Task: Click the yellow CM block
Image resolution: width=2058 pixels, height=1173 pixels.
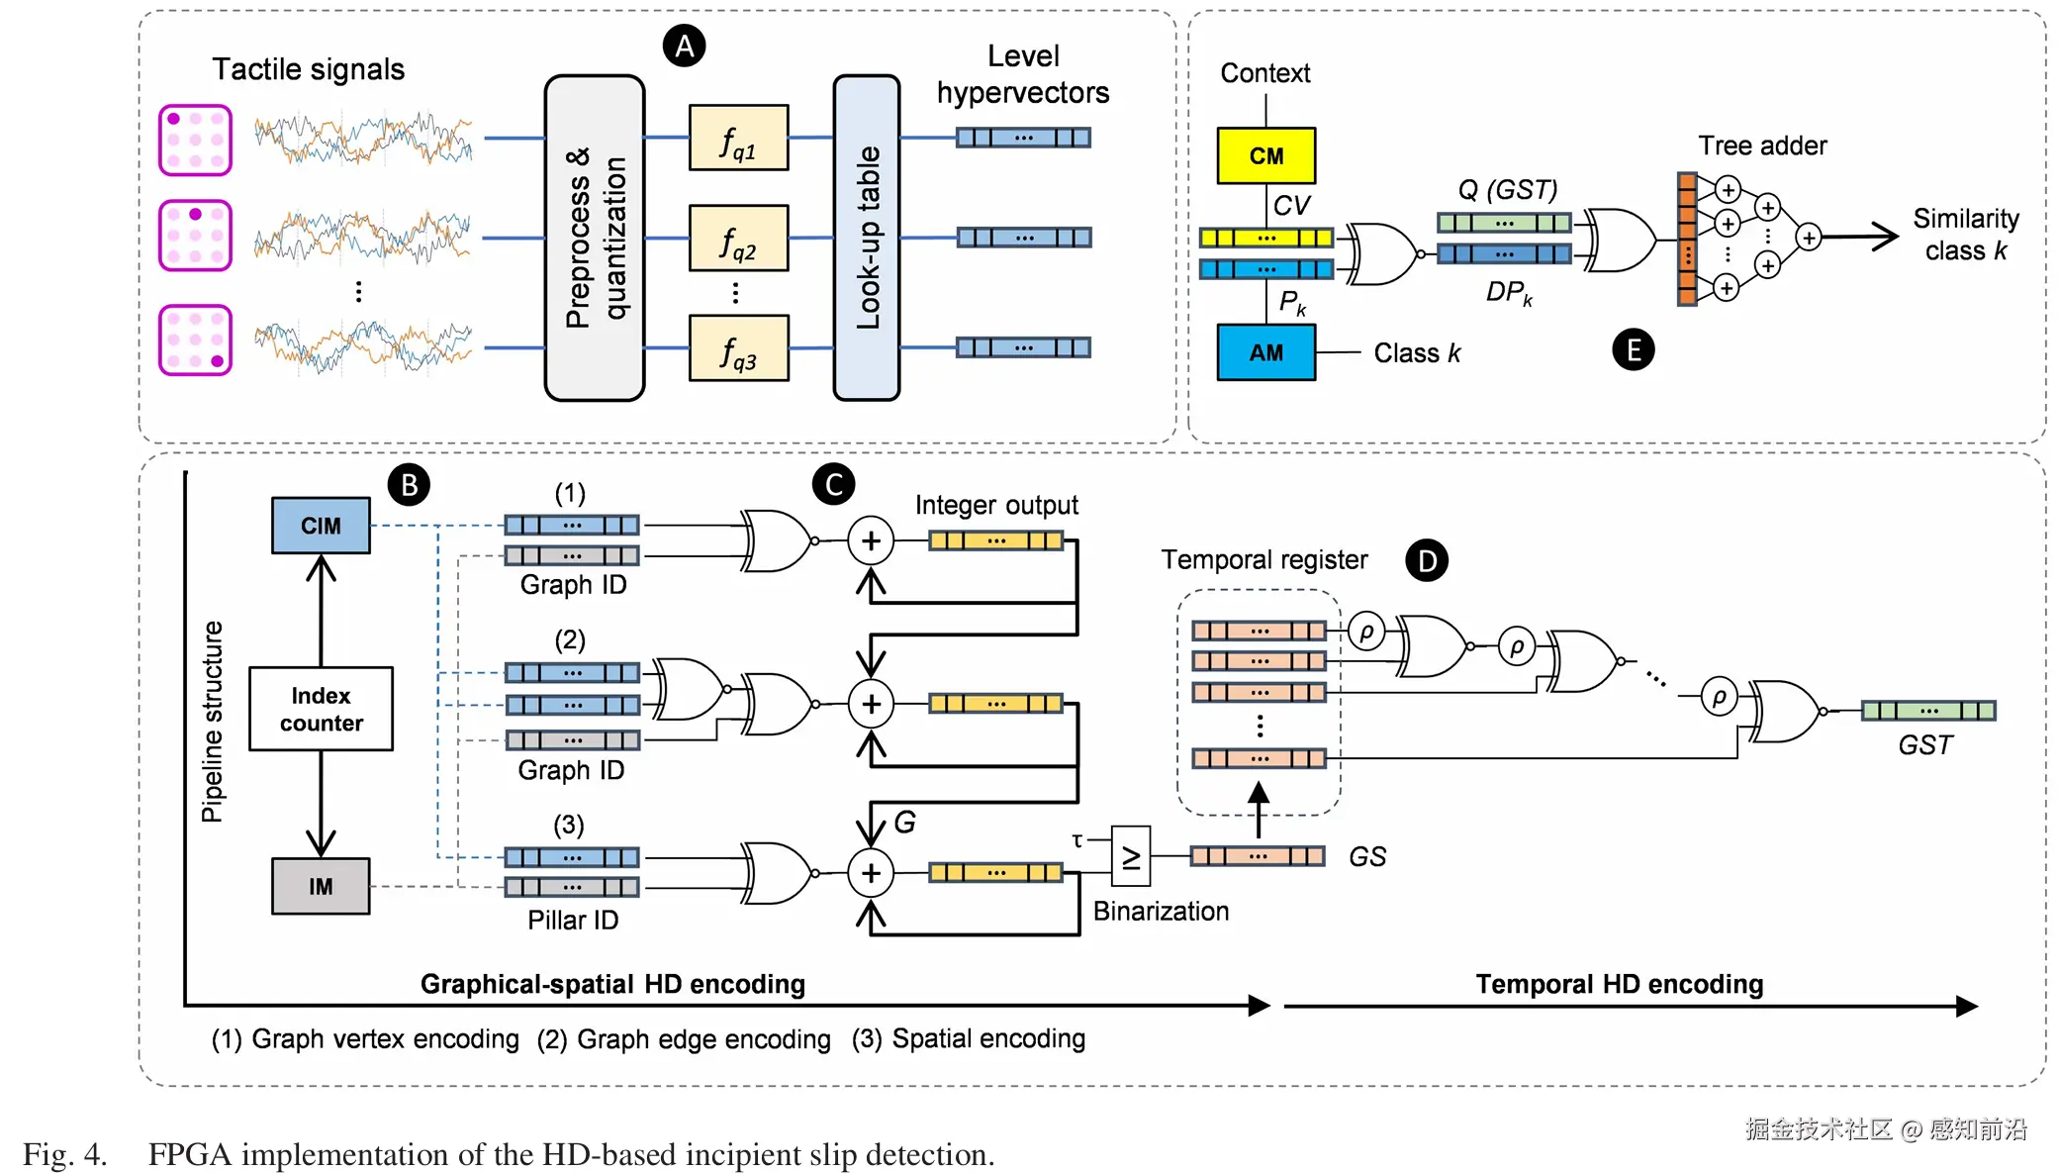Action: [x=1265, y=155]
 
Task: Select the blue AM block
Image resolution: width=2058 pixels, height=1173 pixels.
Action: [x=1265, y=352]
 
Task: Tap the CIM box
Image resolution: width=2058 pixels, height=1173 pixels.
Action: [x=321, y=526]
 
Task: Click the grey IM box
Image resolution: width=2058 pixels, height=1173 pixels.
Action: [x=321, y=886]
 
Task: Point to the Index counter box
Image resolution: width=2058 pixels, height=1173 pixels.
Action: [x=321, y=709]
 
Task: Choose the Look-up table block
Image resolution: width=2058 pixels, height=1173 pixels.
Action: [x=867, y=238]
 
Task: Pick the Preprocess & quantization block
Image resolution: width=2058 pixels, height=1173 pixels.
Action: [x=595, y=238]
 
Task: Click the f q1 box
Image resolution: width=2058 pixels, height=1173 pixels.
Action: [x=738, y=139]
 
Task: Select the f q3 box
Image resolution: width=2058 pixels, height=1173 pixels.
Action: [x=738, y=348]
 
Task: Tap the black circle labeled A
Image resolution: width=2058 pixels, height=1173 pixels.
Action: [x=684, y=47]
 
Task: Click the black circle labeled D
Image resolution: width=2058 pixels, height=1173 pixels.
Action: [x=1426, y=561]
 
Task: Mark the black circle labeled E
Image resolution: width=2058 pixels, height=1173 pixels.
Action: [x=1633, y=349]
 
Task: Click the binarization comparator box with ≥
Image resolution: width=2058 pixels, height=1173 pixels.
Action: [x=1131, y=855]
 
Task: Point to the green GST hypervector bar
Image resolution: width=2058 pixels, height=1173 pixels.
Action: [x=1928, y=710]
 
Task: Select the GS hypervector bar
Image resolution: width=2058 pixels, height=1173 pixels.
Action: [x=1258, y=856]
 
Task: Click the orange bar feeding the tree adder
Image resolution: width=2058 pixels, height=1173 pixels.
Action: [x=1687, y=239]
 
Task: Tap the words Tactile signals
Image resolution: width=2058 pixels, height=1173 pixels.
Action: [x=308, y=69]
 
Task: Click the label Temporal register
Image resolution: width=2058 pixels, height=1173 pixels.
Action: [x=1263, y=560]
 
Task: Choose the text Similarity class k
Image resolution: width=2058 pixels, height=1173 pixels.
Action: [x=1965, y=235]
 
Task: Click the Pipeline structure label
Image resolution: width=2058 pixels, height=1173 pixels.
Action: [x=213, y=722]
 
